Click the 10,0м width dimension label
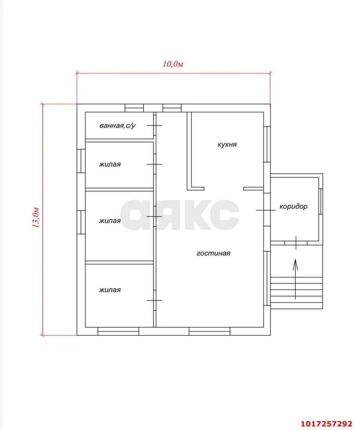(173, 64)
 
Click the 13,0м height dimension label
(35, 217)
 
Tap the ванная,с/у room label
(117, 126)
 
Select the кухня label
(227, 144)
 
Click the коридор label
(293, 206)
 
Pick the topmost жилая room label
(110, 164)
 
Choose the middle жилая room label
(110, 221)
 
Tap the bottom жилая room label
(110, 290)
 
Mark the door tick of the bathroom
(154, 125)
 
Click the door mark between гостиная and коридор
(266, 210)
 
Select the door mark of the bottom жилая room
(154, 300)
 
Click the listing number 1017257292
(326, 422)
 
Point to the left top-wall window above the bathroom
(134, 108)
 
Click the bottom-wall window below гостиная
(209, 331)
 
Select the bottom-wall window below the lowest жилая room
(118, 331)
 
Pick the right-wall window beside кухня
(267, 144)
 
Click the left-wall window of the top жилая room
(81, 161)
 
